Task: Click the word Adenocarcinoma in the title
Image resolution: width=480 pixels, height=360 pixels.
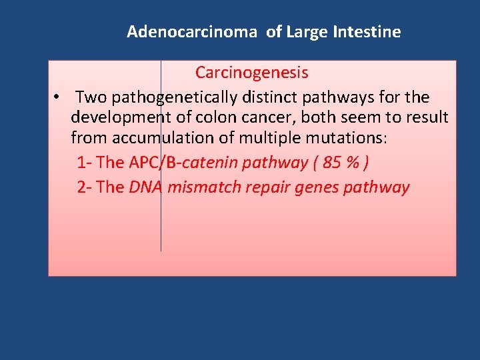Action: pos(191,31)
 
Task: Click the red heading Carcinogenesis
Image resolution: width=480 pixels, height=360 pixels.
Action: pos(251,72)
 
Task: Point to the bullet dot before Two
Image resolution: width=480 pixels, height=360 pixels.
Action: pos(59,97)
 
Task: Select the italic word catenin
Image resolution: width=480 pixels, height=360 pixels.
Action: pos(207,163)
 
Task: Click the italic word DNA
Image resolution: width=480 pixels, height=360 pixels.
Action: pos(146,187)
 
